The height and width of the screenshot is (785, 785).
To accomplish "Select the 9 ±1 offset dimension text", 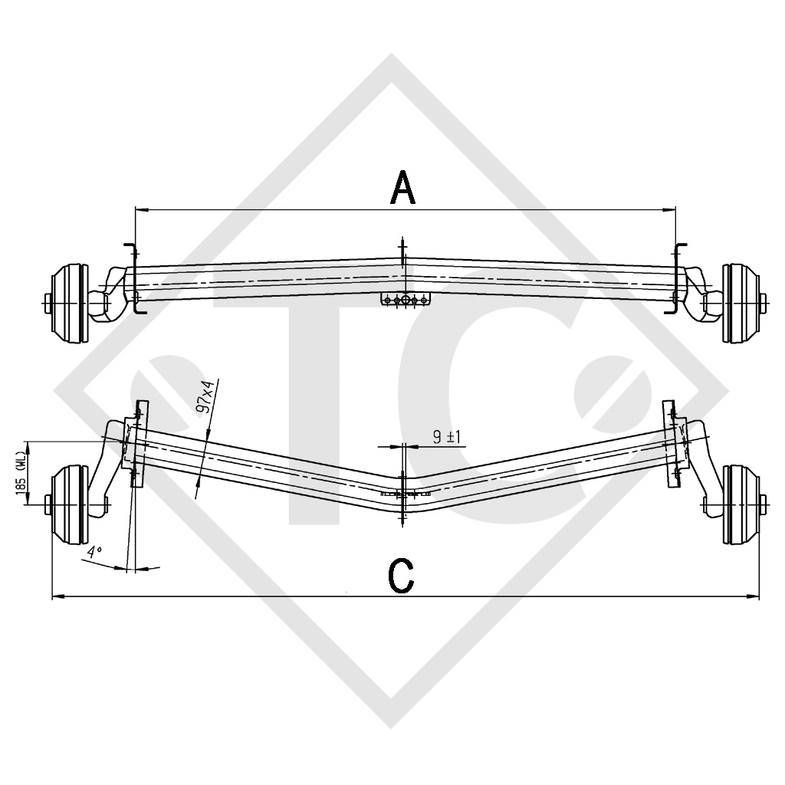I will coord(445,437).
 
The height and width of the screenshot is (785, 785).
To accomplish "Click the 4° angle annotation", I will coord(94,552).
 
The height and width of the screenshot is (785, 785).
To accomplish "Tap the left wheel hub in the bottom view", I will coord(68,503).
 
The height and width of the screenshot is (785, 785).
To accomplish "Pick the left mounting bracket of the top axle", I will coord(131,279).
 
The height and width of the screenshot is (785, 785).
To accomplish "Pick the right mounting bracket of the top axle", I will coord(678,279).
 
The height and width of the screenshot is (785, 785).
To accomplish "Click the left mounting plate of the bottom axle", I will coord(136,443).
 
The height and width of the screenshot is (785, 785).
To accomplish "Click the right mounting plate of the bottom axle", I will coord(672,443).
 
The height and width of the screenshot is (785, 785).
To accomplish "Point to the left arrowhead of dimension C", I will coord(55,595).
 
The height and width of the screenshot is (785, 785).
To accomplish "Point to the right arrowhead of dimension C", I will coord(756,595).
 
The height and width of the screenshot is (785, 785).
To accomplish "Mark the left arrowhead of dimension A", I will coord(138,208).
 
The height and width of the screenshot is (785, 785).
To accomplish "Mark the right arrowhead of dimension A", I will coord(672,208).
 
